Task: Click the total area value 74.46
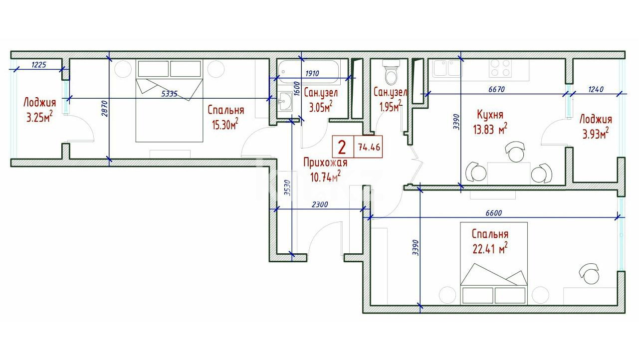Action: [369, 147]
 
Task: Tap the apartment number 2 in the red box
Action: [342, 147]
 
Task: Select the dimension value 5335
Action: [170, 94]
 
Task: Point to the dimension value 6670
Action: [496, 89]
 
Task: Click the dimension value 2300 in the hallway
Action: [320, 204]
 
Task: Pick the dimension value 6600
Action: [494, 213]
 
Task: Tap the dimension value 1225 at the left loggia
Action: [38, 65]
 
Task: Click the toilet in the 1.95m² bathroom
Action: [391, 72]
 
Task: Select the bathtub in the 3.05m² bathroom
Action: [309, 72]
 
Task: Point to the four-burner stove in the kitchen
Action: [500, 68]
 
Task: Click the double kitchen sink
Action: [446, 68]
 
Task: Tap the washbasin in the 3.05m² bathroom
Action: [284, 101]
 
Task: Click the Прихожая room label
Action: [325, 163]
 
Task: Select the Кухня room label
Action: [490, 115]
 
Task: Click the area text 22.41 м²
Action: [490, 249]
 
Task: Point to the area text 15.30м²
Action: [225, 124]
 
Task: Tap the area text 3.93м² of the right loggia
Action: [596, 133]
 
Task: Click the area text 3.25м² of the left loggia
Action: [39, 117]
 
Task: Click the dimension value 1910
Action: [312, 74]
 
